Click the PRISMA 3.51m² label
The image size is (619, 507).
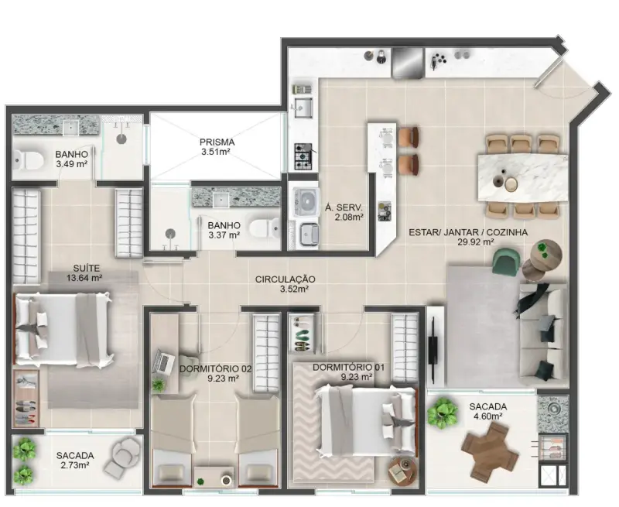(217, 146)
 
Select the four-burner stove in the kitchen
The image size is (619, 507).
(303, 156)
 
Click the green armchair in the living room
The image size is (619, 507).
(507, 261)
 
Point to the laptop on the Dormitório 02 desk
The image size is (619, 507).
(165, 361)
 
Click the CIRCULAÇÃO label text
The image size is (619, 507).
(285, 279)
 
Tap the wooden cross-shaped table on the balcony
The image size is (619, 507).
(490, 450)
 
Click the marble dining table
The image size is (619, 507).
(523, 178)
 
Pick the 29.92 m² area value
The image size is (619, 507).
(475, 242)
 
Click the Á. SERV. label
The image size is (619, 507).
(344, 207)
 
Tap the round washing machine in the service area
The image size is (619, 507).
(306, 202)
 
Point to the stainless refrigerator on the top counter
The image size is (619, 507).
(408, 63)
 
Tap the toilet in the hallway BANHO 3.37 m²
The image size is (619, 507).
(265, 229)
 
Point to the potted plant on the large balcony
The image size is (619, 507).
(442, 413)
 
